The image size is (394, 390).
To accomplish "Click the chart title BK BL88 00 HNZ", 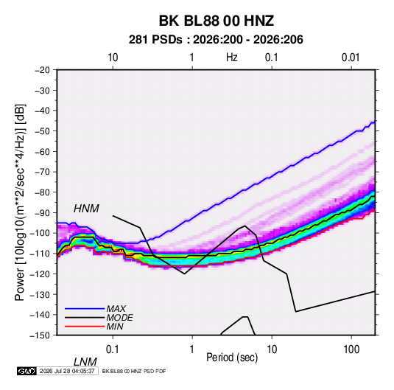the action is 216,21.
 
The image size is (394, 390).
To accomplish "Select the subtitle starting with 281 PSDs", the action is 216,40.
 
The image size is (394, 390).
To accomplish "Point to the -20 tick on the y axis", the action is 42,70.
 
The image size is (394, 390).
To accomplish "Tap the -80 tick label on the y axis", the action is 42,192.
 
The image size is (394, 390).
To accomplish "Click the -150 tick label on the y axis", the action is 40,335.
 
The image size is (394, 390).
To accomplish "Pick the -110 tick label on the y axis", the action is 40,254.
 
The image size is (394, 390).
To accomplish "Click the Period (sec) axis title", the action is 232,358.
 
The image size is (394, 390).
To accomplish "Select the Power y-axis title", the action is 20,203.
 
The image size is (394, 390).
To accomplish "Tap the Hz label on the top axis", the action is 232,58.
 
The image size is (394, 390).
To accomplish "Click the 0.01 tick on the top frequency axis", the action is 351,58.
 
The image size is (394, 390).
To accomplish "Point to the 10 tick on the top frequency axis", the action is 113,58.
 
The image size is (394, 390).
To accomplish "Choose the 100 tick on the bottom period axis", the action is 351,349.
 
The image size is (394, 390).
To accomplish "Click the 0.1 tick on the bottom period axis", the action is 113,349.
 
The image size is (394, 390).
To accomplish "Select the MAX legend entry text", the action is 116,309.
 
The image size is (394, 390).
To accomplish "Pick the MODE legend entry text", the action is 119,318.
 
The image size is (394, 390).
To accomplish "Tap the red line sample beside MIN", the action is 85,327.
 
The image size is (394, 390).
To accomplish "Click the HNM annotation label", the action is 86,209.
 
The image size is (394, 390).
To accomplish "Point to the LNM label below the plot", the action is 85,362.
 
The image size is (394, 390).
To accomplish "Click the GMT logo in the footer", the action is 27,371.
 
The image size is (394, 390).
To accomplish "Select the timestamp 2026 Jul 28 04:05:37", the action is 67,371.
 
